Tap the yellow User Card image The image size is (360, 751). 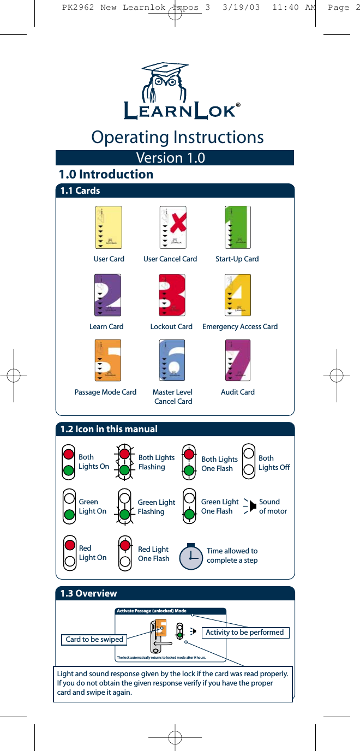click(109, 228)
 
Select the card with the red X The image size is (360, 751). click(173, 228)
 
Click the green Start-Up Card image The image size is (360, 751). click(238, 228)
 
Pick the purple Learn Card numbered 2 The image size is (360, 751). click(107, 295)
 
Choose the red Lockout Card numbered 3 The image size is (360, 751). click(172, 295)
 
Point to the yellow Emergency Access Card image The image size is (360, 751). click(238, 295)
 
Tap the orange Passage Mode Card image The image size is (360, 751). click(107, 360)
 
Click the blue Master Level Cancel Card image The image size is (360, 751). click(172, 360)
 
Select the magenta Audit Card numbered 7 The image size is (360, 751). click(238, 360)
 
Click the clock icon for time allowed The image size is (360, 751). click(190, 555)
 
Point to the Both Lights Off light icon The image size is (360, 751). click(249, 462)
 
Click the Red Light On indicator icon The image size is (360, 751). click(69, 552)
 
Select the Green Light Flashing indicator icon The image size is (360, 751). click(125, 506)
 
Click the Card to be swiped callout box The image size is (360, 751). click(94, 639)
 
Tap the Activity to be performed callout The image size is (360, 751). click(245, 633)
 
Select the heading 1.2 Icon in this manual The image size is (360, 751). click(109, 429)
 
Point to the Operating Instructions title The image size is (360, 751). click(177, 137)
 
